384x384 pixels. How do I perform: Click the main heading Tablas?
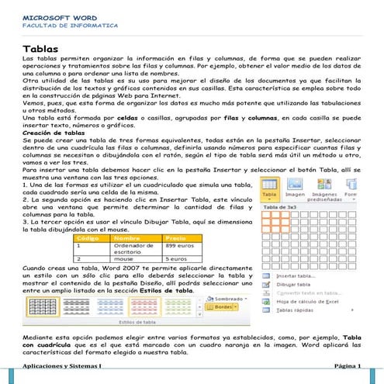coord(42,50)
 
